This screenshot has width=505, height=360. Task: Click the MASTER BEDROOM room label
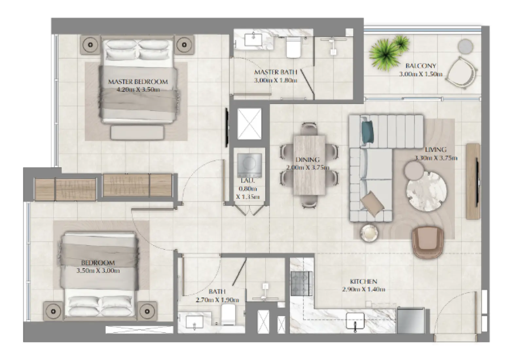click(138, 82)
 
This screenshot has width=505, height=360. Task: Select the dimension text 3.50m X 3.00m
click(98, 271)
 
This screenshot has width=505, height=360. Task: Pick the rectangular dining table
click(309, 165)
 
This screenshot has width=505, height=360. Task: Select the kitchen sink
click(355, 320)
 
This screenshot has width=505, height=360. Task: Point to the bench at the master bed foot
click(137, 133)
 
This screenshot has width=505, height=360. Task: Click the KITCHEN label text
click(363, 281)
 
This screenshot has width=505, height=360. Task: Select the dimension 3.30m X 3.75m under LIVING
click(436, 158)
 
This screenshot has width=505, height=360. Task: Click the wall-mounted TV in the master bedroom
click(226, 128)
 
